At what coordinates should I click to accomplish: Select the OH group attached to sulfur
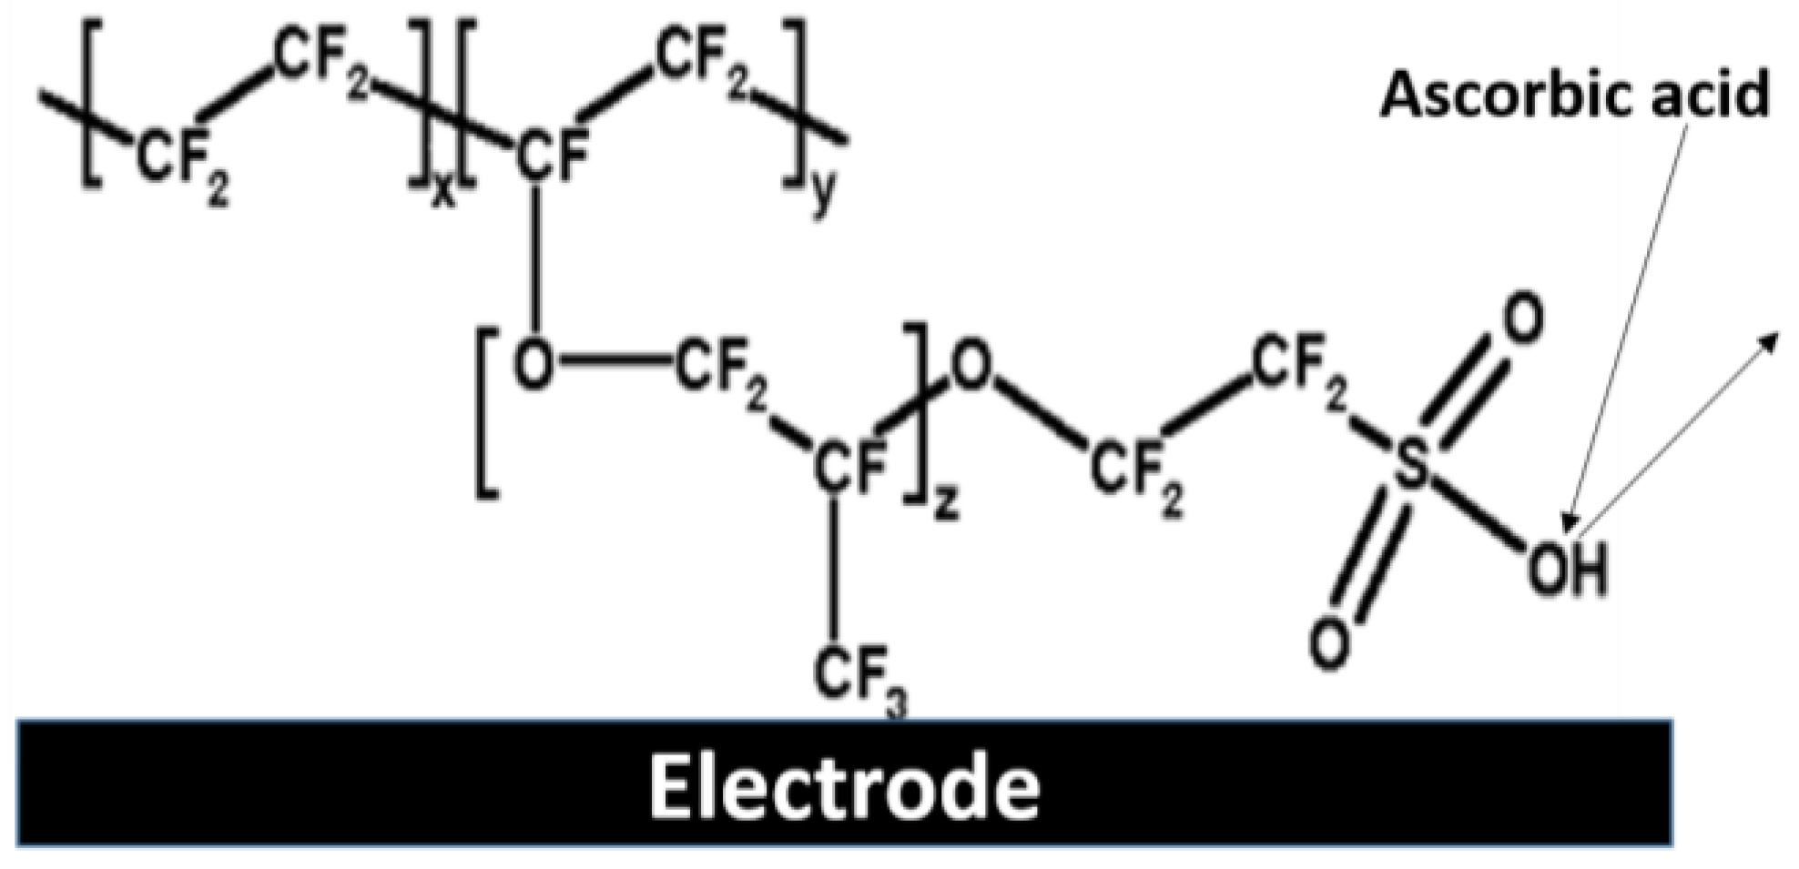tap(1567, 568)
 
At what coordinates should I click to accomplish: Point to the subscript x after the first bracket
tap(442, 192)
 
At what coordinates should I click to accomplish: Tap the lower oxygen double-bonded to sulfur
tap(1329, 642)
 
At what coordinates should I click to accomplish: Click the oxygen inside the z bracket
tap(534, 364)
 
